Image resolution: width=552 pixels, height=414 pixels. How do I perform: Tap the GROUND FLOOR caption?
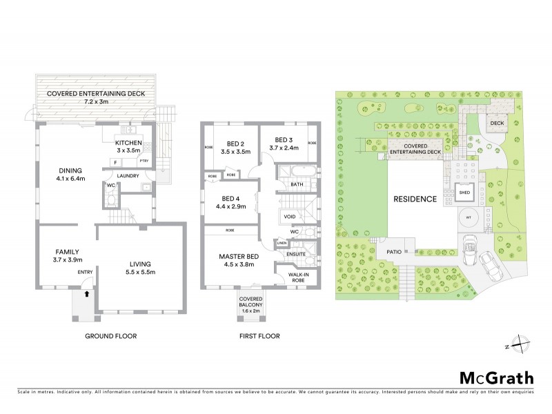click(x=110, y=336)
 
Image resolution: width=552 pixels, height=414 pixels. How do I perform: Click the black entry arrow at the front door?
click(x=86, y=293)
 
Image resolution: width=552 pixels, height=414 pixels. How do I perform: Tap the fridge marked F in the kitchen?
click(x=114, y=161)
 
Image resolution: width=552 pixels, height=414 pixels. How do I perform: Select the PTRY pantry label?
click(x=144, y=161)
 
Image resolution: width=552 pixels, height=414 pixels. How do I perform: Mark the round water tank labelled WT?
click(x=467, y=217)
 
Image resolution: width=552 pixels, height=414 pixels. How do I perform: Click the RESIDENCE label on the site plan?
click(x=415, y=199)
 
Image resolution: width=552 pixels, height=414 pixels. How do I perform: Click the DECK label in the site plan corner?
click(x=496, y=124)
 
